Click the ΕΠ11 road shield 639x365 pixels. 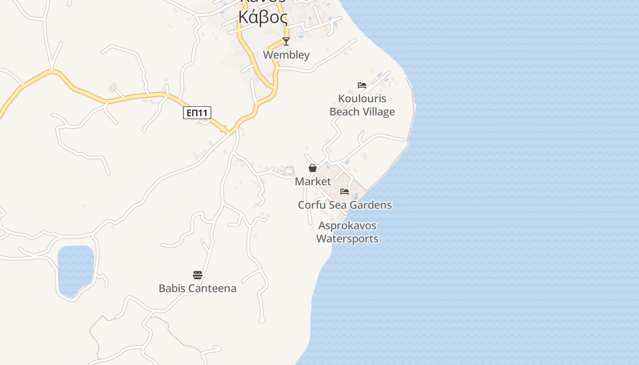coord(197,113)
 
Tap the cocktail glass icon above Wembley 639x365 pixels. coord(286,42)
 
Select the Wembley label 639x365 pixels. coord(286,55)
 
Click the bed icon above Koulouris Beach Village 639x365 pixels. coord(362,85)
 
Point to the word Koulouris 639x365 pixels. coord(362,99)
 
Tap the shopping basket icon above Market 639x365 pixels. coord(313,168)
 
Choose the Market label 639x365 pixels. coord(313,182)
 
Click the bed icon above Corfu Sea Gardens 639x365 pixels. coord(345,192)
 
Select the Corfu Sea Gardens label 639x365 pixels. coord(345,205)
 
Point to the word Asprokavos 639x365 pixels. coord(347,226)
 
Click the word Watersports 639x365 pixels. coord(347,239)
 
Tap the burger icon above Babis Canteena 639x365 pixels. coord(198,275)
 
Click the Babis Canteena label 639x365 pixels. coord(198,288)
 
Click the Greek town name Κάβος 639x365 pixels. coord(263,18)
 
